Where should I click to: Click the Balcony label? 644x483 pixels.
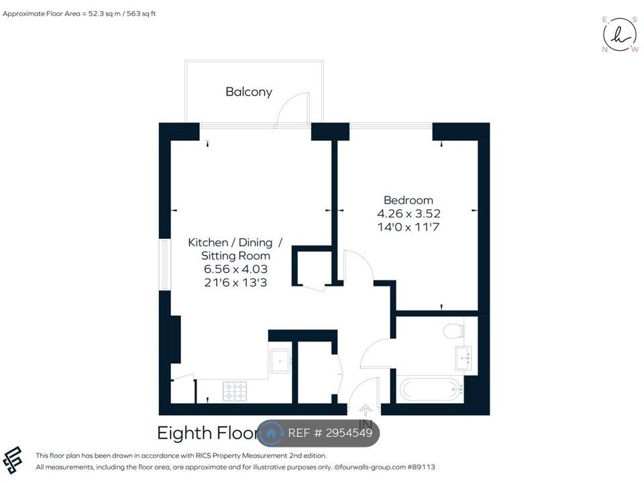click(249, 92)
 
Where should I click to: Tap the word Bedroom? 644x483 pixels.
click(409, 200)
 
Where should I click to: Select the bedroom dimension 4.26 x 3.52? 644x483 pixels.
click(409, 213)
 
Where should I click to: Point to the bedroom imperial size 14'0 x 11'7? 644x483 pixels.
click(409, 227)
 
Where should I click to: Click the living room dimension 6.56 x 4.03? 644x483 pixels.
click(235, 269)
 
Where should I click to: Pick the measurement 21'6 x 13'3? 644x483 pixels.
click(235, 282)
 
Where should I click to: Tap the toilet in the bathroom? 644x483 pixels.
click(453, 331)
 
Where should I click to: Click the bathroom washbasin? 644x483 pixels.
click(464, 358)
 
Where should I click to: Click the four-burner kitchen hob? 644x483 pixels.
click(235, 391)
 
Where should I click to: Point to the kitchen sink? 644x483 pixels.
click(280, 361)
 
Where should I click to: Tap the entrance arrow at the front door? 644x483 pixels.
click(365, 409)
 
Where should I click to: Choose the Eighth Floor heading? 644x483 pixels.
click(209, 433)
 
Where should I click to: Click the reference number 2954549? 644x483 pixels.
click(349, 433)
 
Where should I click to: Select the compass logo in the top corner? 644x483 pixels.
click(620, 35)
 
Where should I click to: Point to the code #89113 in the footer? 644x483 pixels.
click(421, 467)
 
